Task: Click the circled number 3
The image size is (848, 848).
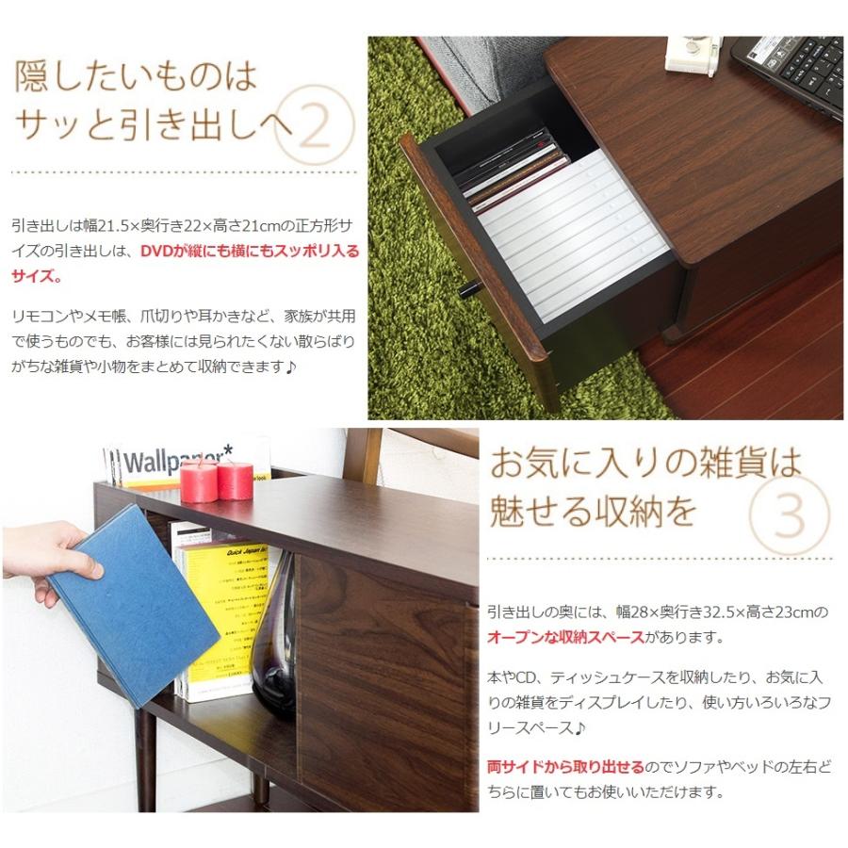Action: (x=789, y=514)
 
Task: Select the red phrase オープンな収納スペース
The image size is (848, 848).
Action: (x=565, y=638)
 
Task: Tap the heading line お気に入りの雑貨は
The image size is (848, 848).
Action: (x=645, y=464)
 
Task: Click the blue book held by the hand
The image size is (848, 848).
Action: (x=132, y=603)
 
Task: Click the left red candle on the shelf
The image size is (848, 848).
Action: (x=199, y=481)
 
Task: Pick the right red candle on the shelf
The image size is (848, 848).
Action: (x=235, y=480)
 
